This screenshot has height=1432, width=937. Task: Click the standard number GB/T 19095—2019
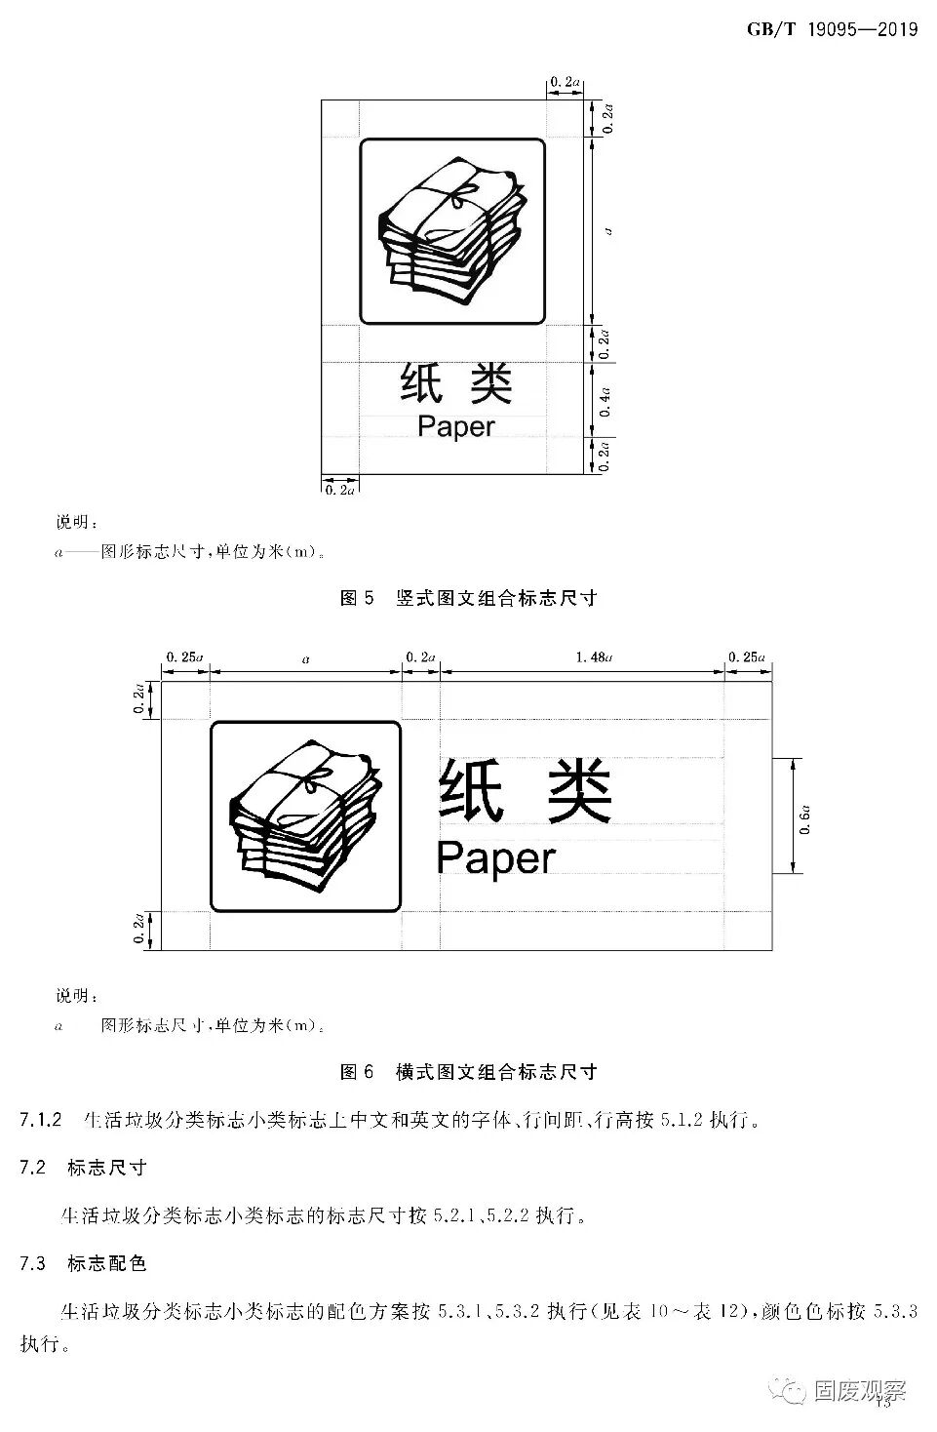tap(832, 29)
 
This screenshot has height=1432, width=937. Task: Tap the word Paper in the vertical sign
tap(455, 426)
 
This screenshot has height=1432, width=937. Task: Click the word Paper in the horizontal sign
tap(495, 857)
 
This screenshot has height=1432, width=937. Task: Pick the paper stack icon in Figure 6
tap(305, 815)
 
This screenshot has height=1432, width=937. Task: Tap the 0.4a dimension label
tap(605, 400)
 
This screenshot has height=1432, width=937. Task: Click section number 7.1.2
tap(41, 1119)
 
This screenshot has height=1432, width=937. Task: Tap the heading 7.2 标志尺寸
tap(84, 1167)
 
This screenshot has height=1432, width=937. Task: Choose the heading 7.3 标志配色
tap(84, 1263)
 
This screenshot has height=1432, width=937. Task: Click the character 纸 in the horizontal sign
tap(470, 791)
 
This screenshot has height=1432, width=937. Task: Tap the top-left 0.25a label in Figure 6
tap(184, 656)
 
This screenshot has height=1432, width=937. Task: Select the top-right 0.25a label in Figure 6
tap(749, 656)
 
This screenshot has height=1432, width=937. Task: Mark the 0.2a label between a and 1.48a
tap(421, 656)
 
